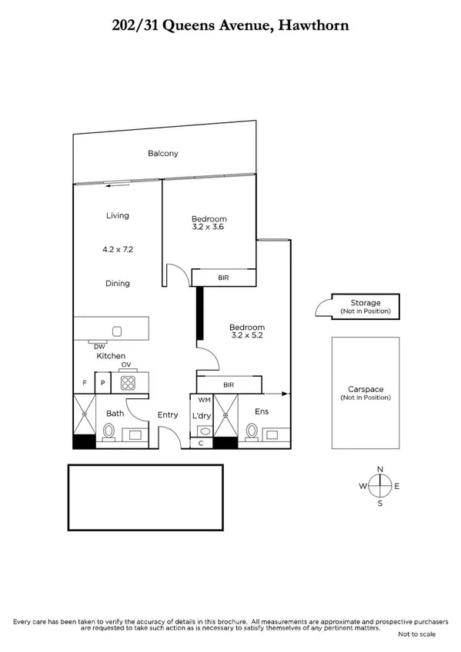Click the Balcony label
[162, 153]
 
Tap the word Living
[117, 215]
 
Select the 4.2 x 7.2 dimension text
[117, 249]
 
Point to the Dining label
[117, 283]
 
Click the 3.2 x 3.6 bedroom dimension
[210, 228]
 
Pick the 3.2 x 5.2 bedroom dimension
[247, 335]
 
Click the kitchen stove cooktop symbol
[128, 382]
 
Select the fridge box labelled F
[84, 382]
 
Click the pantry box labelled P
[102, 382]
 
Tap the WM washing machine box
[204, 400]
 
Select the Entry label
[167, 415]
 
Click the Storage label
[366, 303]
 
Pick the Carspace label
[366, 389]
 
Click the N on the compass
[379, 469]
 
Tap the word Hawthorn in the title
[316, 25]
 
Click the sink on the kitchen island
[117, 331]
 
